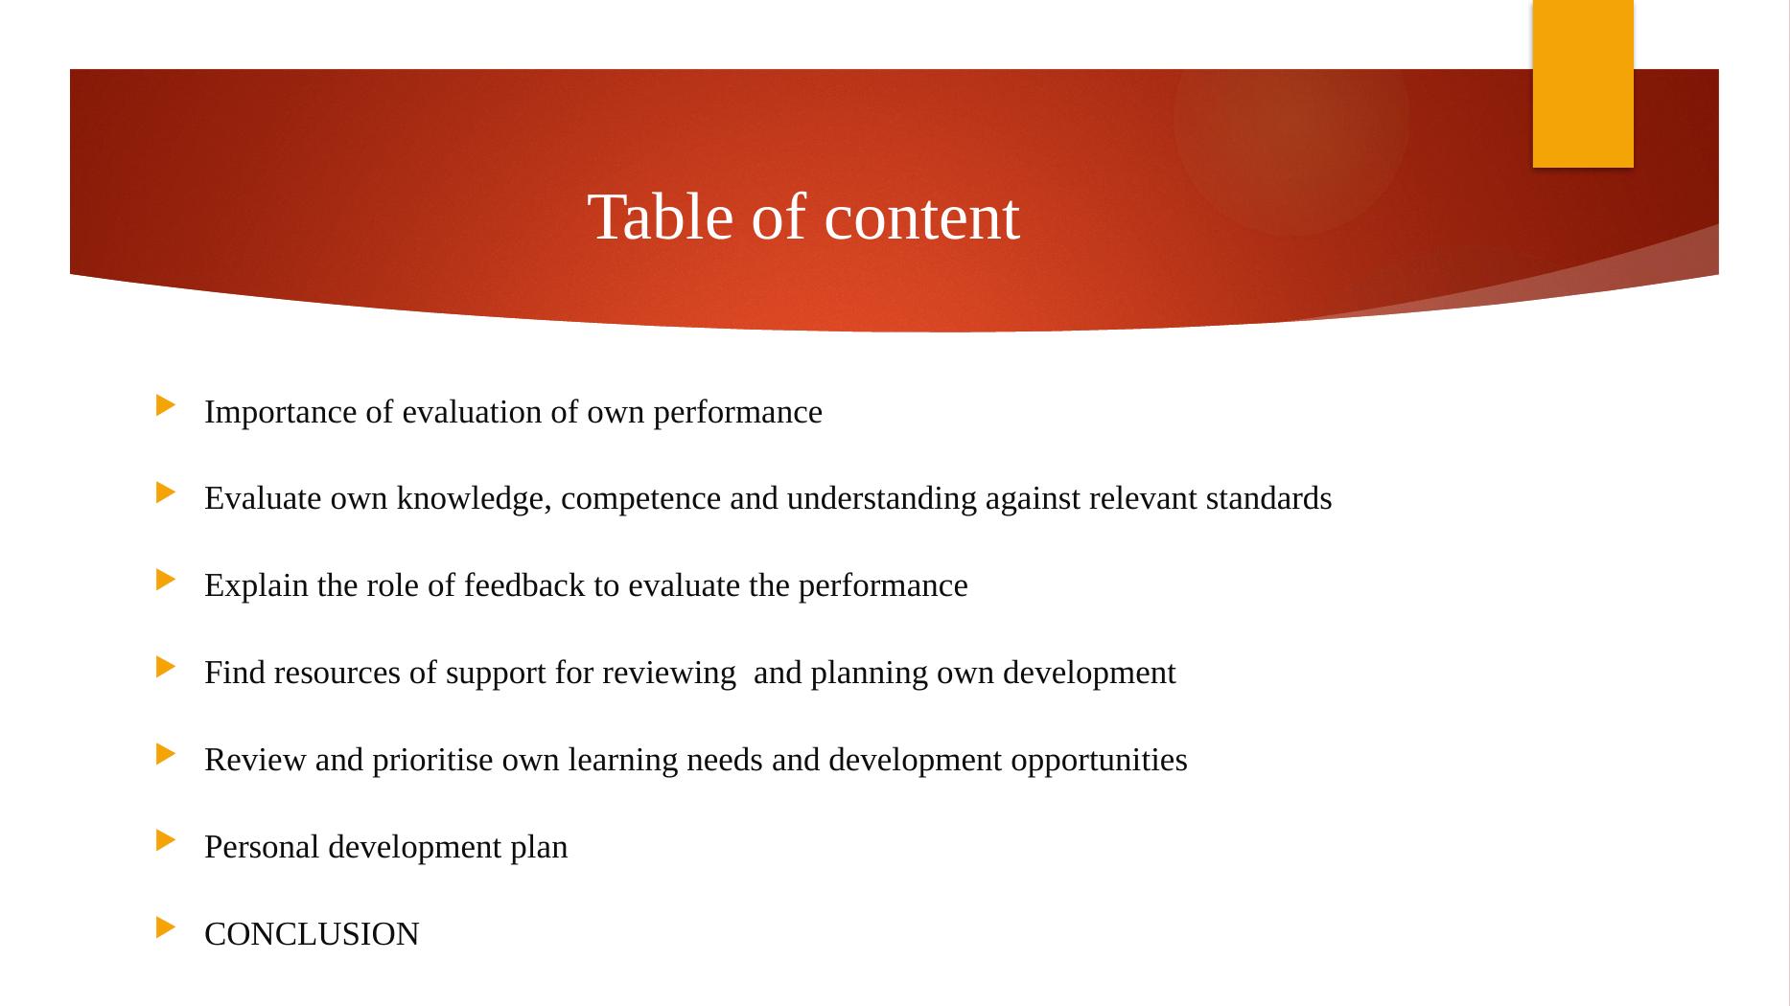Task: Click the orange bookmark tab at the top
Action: click(1582, 84)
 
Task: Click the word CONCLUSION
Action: click(312, 934)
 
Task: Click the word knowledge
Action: click(475, 498)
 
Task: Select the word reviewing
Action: click(668, 673)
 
